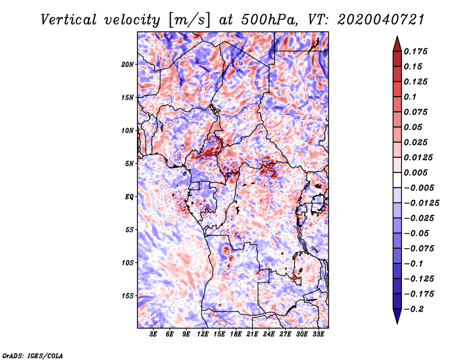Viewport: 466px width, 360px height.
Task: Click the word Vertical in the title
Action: [x=68, y=20]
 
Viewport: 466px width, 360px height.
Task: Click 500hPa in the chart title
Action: [x=269, y=20]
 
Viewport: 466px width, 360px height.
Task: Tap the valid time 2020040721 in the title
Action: [x=381, y=20]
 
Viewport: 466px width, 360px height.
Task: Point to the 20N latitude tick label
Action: [x=127, y=65]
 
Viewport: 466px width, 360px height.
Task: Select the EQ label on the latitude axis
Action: [x=129, y=197]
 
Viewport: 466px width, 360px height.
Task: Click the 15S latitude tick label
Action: [x=127, y=296]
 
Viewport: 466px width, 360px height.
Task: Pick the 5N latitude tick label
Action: [x=129, y=164]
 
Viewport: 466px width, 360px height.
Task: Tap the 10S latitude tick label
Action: [x=127, y=263]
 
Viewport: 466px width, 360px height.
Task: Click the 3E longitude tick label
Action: [x=153, y=334]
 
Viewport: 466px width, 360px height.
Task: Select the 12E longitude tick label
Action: [x=203, y=334]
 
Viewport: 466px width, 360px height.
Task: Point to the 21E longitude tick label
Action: [x=252, y=334]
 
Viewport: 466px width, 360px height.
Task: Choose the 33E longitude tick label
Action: [x=318, y=334]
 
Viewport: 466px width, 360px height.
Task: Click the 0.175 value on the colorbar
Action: [x=415, y=51]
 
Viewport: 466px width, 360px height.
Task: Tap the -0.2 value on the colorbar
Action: [x=414, y=309]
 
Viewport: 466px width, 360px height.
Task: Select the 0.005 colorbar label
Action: [x=415, y=172]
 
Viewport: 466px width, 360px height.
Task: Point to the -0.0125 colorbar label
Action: [x=421, y=203]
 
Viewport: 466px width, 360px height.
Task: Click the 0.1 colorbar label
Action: [x=410, y=97]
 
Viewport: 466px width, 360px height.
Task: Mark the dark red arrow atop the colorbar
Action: [x=397, y=44]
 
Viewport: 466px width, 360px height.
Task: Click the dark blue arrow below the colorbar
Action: [x=397, y=316]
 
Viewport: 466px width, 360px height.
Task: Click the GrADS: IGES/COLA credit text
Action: [x=33, y=355]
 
